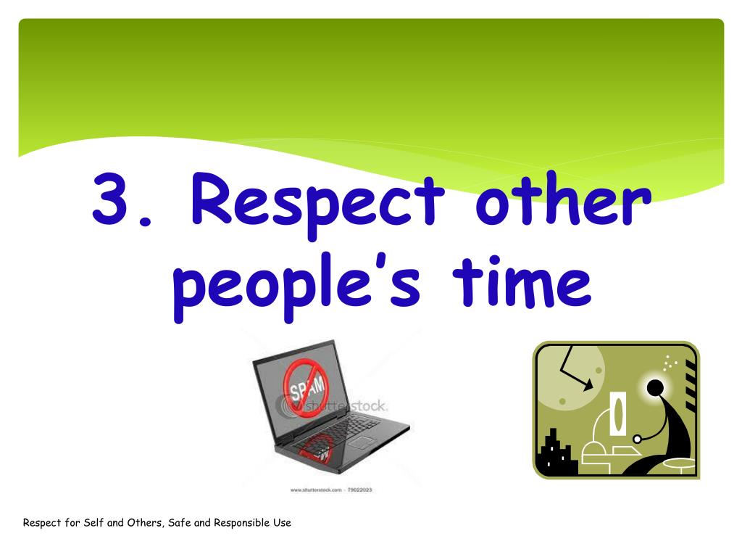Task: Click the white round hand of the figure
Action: [638, 438]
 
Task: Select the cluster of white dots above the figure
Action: [670, 361]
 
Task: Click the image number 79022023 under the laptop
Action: [359, 490]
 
